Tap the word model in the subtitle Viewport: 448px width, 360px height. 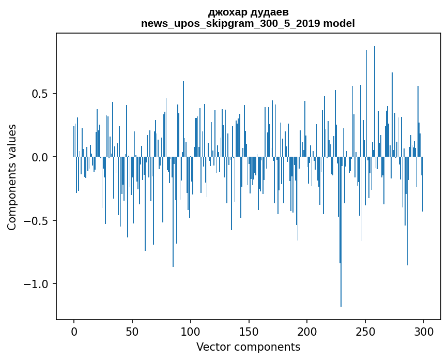pos(339,23)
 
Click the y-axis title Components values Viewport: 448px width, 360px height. pos(11,177)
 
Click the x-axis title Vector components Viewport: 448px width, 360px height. pos(248,347)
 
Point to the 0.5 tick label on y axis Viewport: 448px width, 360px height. pos(39,94)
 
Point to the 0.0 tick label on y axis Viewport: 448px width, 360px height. pos(39,157)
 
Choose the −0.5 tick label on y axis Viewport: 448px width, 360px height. pos(36,221)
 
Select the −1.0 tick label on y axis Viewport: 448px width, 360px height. pos(36,284)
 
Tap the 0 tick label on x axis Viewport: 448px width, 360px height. pos(74,331)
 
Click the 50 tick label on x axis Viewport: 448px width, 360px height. pos(132,331)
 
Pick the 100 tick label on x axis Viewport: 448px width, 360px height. pos(191,331)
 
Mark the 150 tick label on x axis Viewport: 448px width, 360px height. pos(249,331)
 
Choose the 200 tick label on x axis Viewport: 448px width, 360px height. pos(307,331)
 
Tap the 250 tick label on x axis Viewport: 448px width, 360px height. pos(365,331)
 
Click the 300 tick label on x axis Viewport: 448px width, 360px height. pos(424,331)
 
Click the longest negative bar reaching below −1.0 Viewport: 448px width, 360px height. pos(341,233)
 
